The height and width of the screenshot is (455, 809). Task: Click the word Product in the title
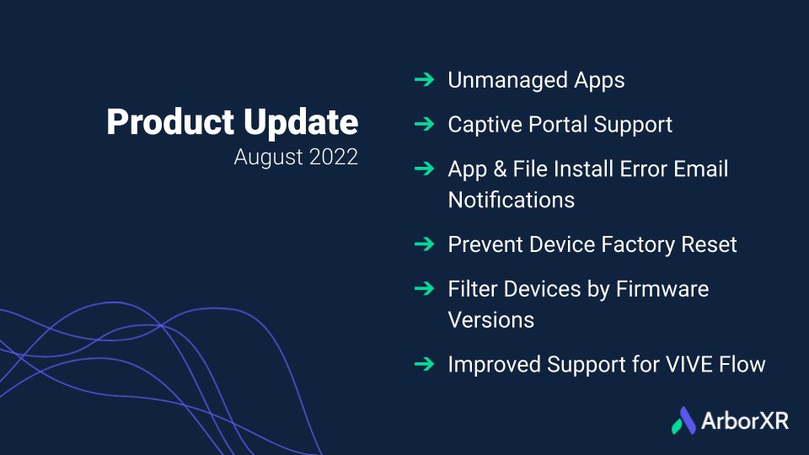(x=170, y=121)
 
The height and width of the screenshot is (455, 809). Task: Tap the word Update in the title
(x=301, y=123)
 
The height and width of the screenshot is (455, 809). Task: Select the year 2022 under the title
(x=334, y=157)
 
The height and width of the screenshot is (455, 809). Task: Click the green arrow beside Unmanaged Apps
(x=424, y=79)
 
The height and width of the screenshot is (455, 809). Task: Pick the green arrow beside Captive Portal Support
(x=424, y=124)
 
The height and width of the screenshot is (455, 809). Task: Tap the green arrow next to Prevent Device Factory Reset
(x=424, y=244)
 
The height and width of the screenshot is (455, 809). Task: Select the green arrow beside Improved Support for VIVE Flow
(x=424, y=364)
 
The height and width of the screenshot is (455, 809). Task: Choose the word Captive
(x=485, y=125)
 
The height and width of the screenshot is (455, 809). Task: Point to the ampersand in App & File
(x=500, y=169)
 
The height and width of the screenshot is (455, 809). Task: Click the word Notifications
(x=512, y=201)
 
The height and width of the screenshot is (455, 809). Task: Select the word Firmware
(x=662, y=289)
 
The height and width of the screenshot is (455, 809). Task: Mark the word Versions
(x=491, y=320)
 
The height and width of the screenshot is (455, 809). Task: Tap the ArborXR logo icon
(x=684, y=420)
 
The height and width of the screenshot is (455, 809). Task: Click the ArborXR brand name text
(x=745, y=421)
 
